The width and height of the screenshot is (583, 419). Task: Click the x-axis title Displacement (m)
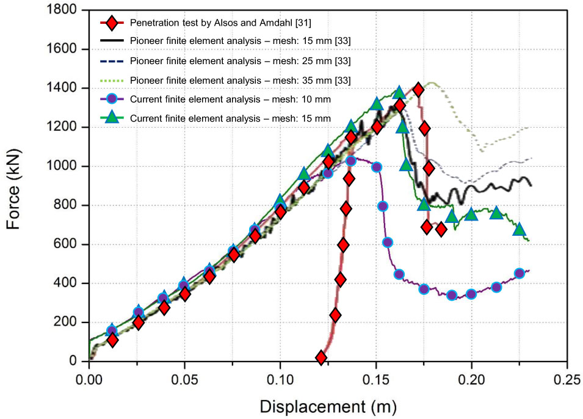(328, 406)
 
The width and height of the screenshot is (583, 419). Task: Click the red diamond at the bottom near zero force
(321, 357)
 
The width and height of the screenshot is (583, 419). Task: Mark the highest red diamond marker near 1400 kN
(418, 90)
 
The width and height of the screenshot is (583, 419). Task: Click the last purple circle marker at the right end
(520, 274)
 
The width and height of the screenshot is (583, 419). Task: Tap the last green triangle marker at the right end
(520, 229)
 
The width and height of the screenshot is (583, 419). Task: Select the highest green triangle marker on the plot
(400, 92)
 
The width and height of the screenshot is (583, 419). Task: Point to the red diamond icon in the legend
(112, 23)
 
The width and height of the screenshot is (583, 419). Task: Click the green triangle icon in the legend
(112, 118)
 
